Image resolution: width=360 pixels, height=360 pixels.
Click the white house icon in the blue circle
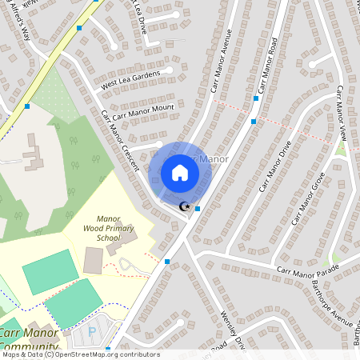point(180,172)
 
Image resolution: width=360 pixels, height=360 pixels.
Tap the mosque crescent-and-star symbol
point(186,206)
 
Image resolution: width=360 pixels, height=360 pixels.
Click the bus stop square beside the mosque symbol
point(198,209)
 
